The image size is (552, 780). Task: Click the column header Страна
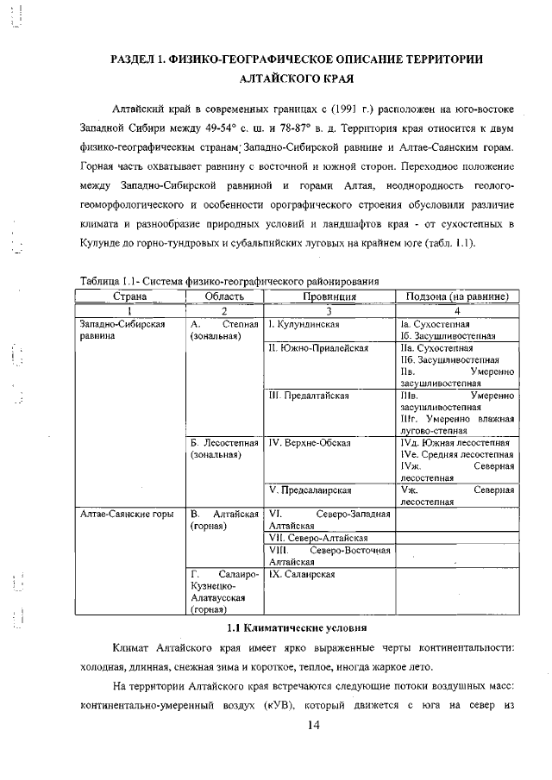click(129, 296)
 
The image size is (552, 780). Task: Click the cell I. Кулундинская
click(303, 325)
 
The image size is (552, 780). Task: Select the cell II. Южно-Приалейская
click(318, 348)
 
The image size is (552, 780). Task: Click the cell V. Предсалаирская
click(310, 490)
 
